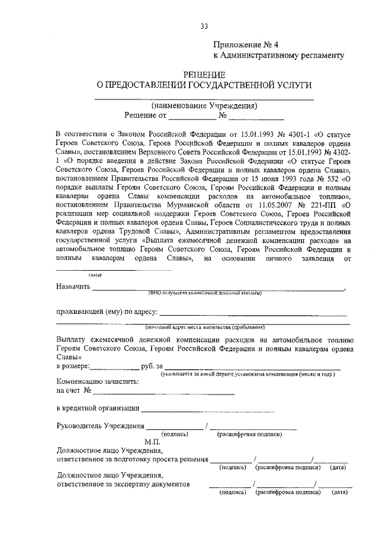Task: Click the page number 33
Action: coord(204,25)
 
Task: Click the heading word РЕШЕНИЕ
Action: coord(204,75)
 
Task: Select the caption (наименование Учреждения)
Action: coord(204,105)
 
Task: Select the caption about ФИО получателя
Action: coord(204,293)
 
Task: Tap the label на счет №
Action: coord(73,391)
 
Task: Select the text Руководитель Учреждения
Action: coord(100,425)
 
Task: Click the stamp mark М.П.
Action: coord(153,442)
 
